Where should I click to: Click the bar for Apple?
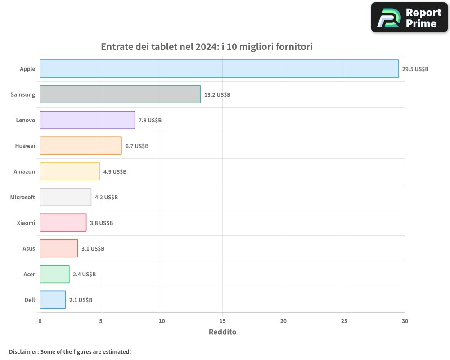(219, 69)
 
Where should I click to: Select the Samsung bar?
(120, 94)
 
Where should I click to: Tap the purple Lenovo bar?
(87, 120)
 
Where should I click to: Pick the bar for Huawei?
(81, 146)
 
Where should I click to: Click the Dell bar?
(53, 300)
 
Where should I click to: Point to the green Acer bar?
(54, 274)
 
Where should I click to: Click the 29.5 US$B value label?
(415, 69)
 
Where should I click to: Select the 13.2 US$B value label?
(217, 95)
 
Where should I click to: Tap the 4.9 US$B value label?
(115, 172)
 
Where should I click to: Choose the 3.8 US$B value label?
(101, 223)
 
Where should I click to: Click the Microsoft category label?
(22, 197)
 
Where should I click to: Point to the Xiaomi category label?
(26, 223)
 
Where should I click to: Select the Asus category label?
(29, 248)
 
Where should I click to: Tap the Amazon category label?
(24, 171)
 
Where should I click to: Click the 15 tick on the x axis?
(223, 321)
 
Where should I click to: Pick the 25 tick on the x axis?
(344, 321)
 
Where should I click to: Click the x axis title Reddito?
(222, 332)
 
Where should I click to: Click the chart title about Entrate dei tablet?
(207, 47)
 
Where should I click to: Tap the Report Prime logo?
(409, 18)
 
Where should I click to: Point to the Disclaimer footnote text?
(70, 351)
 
